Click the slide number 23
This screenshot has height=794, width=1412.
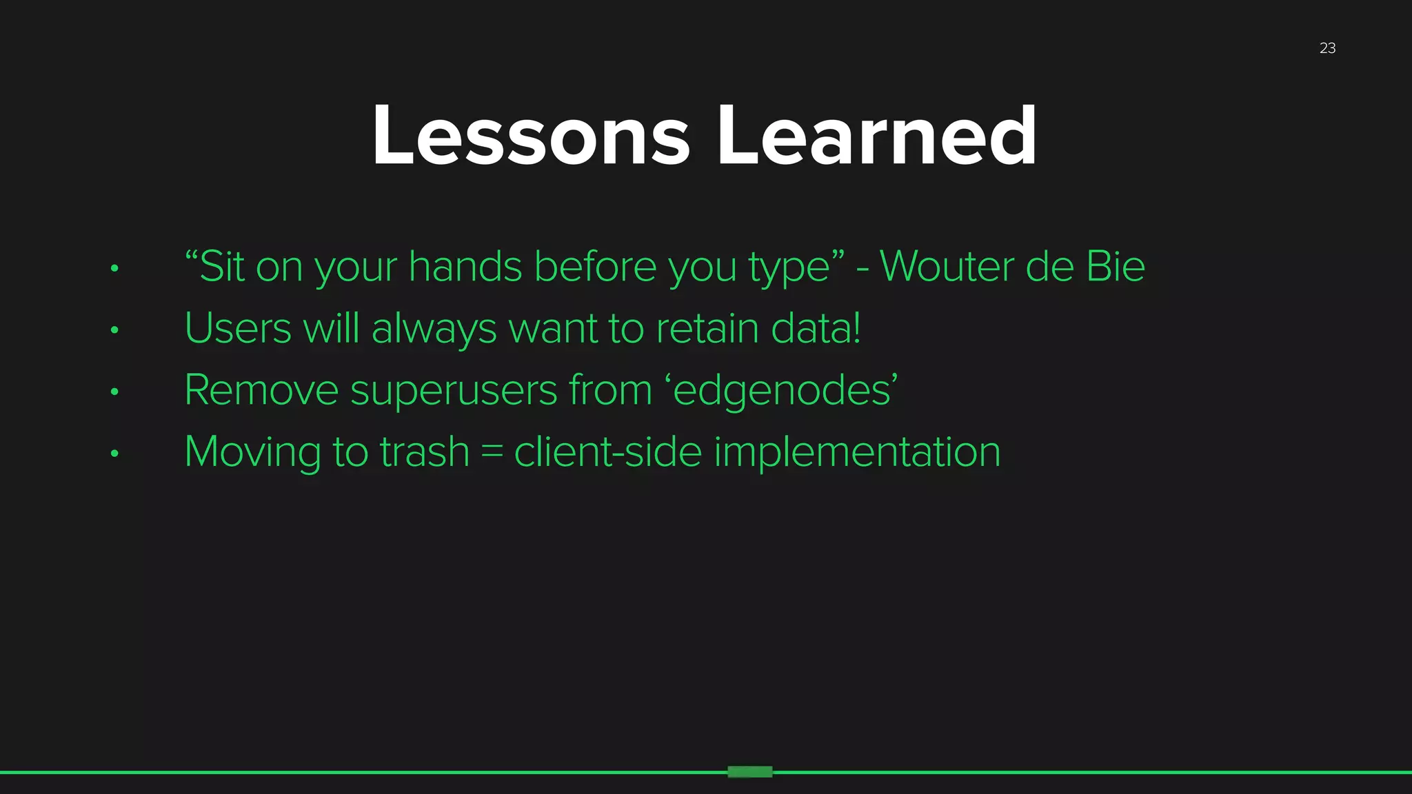click(1327, 48)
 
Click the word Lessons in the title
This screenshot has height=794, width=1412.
click(530, 136)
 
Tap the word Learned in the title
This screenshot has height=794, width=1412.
click(876, 136)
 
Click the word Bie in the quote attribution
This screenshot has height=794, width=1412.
click(1115, 267)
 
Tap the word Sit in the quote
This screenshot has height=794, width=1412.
click(221, 267)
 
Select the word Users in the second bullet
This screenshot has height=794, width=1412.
click(238, 329)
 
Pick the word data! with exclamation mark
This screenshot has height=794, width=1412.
click(816, 329)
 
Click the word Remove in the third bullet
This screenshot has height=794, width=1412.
click(261, 391)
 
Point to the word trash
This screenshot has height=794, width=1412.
click(424, 453)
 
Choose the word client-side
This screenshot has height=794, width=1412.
click(607, 453)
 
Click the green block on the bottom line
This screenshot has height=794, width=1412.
click(749, 772)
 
